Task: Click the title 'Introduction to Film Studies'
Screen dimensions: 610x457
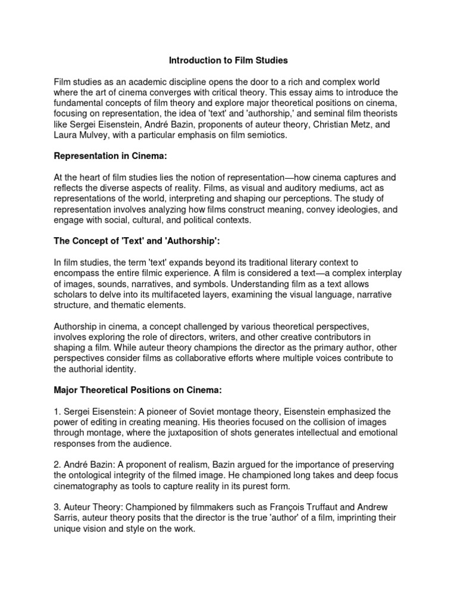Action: (228, 60)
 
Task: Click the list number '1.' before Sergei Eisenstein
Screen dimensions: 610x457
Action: (58, 411)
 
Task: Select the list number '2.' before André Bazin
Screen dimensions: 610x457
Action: (58, 465)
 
